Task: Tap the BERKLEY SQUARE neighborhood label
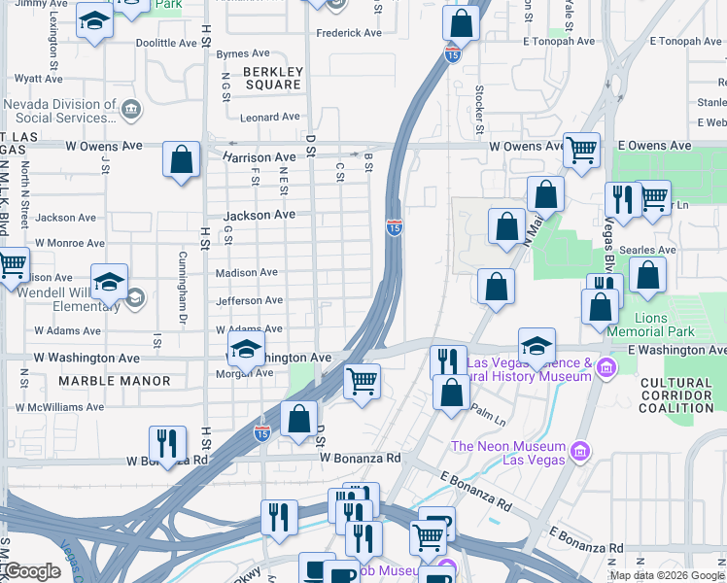pos(273,79)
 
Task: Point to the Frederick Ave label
pos(349,33)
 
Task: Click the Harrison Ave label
pos(259,156)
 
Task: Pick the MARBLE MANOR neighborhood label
pos(115,381)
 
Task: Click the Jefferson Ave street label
pos(249,301)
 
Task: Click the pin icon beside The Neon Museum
pos(580,450)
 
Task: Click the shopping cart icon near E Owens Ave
pos(581,151)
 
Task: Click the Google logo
pos(31,571)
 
